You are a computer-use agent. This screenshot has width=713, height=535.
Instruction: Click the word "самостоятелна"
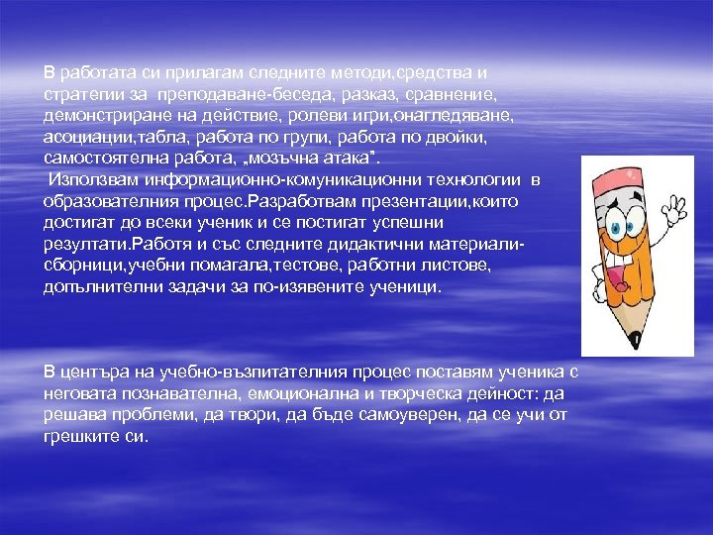103,158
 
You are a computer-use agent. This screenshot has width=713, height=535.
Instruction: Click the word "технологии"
474,179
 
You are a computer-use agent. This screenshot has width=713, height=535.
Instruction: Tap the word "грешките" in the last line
81,436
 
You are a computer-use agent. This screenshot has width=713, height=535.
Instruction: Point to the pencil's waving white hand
675,210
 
